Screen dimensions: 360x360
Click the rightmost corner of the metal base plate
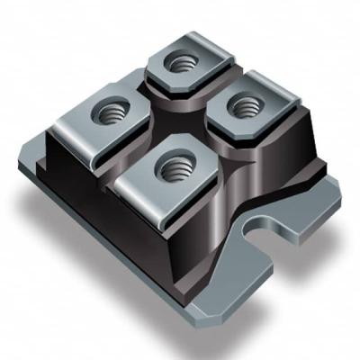(339, 191)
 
